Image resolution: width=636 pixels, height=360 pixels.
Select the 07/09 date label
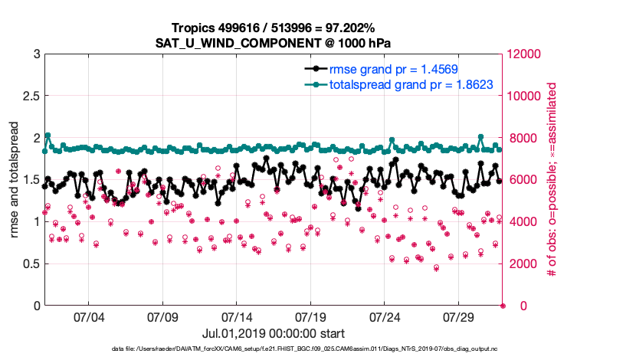pos(162,317)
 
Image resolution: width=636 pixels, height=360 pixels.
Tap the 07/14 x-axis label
pos(237,317)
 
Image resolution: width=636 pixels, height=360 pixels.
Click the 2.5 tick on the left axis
pos(29,97)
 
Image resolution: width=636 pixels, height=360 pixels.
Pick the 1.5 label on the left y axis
pos(29,180)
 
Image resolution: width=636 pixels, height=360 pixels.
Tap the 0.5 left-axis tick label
pos(29,263)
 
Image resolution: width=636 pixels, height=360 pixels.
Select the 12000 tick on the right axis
pos(524,54)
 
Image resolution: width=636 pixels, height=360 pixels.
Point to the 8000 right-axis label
pos(521,139)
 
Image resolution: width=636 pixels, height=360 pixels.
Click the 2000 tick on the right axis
pos(521,263)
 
